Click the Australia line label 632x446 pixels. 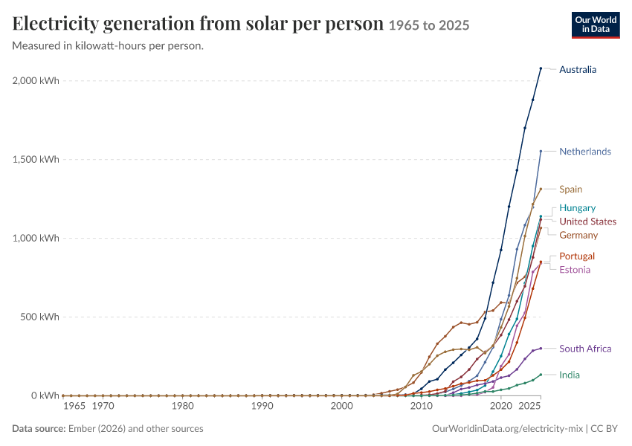[578, 70]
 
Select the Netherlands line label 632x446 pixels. [585, 152]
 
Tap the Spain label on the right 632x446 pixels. [571, 190]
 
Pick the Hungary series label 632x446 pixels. [578, 208]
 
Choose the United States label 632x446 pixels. [588, 222]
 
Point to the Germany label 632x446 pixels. [578, 236]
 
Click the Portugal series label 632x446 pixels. [577, 256]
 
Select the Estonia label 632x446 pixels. [575, 270]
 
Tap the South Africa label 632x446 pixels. [586, 349]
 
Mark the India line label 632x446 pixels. [570, 375]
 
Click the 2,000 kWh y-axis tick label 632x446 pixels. [36, 80]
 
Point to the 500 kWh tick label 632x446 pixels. [39, 317]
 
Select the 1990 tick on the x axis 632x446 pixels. [262, 406]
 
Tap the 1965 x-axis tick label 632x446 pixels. [74, 406]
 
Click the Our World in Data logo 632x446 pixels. [596, 25]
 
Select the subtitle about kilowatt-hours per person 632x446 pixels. [108, 46]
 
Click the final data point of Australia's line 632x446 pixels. [541, 68]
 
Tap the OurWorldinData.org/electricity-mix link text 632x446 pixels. [507, 429]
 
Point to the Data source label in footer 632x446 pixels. [39, 429]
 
